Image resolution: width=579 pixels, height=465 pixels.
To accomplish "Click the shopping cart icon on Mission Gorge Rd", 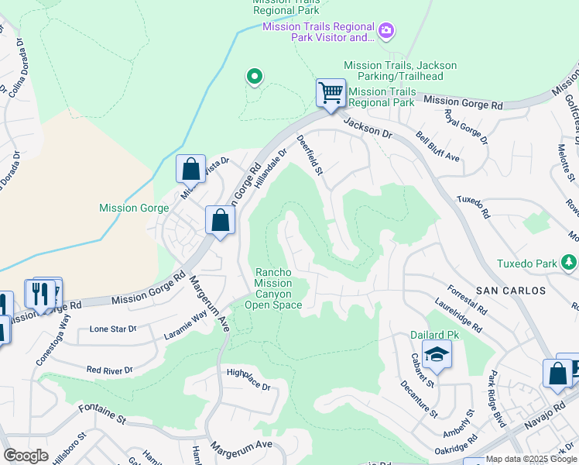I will pyautogui.click(x=331, y=93).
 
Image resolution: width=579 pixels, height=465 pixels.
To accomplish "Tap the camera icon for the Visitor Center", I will pyautogui.click(x=386, y=31).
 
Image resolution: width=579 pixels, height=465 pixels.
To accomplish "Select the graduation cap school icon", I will pyautogui.click(x=437, y=354).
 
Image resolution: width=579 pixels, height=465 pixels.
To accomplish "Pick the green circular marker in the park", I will pyautogui.click(x=254, y=76).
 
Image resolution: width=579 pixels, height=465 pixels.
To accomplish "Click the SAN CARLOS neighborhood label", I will pyautogui.click(x=511, y=291).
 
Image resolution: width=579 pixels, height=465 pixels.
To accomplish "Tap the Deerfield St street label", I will pyautogui.click(x=310, y=154).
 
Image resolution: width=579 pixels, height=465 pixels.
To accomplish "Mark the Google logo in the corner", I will pyautogui.click(x=26, y=456).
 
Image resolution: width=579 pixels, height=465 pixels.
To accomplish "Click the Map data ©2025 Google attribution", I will pyautogui.click(x=531, y=459).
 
